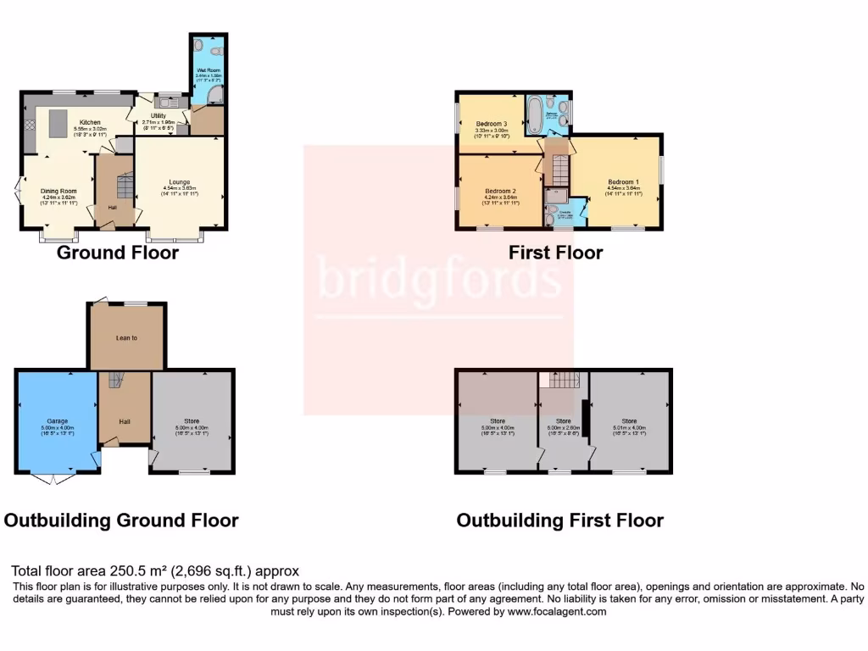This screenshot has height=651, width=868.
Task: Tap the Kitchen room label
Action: tap(90, 122)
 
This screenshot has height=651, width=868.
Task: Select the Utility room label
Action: tap(159, 115)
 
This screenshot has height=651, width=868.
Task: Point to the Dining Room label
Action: tap(58, 191)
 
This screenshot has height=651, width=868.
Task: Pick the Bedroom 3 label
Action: tap(491, 124)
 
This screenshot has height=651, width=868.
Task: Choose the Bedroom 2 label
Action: tap(499, 191)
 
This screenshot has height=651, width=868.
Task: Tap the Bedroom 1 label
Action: tap(623, 182)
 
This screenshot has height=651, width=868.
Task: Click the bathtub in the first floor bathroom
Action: tap(536, 116)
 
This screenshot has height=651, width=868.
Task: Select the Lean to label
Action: tap(127, 338)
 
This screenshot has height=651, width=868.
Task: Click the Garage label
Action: tap(57, 420)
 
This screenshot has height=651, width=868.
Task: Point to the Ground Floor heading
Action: tap(118, 253)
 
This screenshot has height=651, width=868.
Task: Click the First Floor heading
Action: tap(556, 253)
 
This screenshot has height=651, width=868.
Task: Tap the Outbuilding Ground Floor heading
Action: tap(121, 520)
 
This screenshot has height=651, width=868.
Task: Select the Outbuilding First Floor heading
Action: tap(559, 520)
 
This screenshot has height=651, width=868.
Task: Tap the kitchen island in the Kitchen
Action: tap(58, 125)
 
